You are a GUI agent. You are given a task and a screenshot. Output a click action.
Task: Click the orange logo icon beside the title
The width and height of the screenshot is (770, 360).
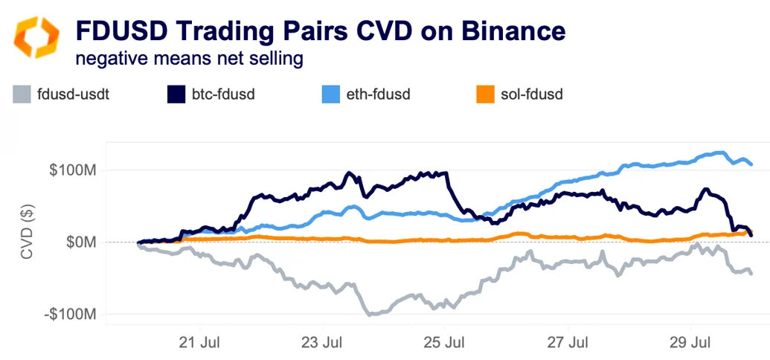coord(36,36)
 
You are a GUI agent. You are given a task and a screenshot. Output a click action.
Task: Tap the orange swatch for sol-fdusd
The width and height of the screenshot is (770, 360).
coord(486,94)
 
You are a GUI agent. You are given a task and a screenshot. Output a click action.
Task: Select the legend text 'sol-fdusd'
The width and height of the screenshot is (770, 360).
coord(536,94)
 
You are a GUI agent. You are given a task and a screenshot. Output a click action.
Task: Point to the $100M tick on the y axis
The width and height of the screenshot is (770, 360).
coord(73,170)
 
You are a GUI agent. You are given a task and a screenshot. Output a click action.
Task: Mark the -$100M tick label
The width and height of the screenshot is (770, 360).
coord(71,315)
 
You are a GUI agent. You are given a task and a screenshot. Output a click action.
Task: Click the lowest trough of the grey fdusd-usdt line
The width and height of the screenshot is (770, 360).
coord(370,315)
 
